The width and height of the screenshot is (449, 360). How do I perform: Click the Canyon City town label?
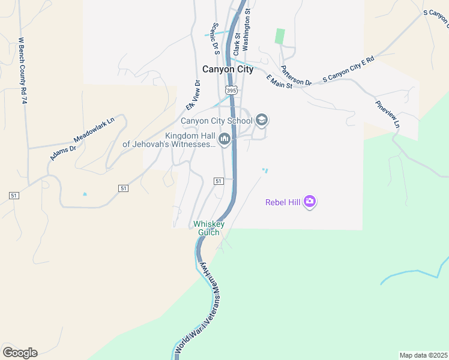tap(228, 70)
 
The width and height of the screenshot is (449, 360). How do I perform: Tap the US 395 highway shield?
tap(231, 90)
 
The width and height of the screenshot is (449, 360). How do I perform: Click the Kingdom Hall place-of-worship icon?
tap(224, 140)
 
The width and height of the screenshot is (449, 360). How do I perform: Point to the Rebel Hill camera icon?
tap(310, 202)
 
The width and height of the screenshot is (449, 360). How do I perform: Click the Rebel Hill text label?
tap(283, 202)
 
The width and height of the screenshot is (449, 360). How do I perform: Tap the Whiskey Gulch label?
tap(209, 228)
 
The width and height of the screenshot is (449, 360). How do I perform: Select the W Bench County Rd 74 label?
tap(23, 71)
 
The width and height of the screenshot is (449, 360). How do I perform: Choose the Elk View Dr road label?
tap(192, 95)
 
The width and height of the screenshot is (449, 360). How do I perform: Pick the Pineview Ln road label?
tap(387, 113)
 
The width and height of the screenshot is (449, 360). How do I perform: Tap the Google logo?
tap(20, 353)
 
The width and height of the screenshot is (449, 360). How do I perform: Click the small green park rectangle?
tap(280, 36)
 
